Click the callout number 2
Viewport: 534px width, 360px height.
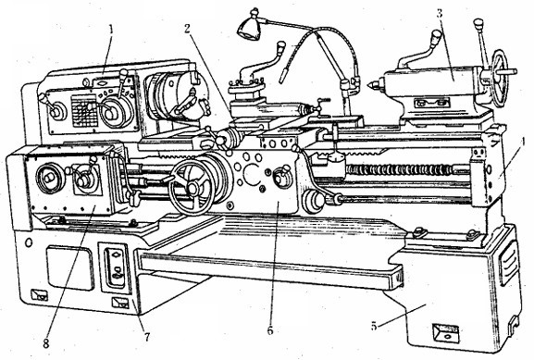tap(187, 29)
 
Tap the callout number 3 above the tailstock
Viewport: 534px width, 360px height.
tap(440, 14)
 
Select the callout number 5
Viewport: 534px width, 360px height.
tap(374, 326)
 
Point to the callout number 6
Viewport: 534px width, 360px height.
tap(270, 330)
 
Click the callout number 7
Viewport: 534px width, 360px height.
tap(147, 337)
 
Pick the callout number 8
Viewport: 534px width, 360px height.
tap(46, 342)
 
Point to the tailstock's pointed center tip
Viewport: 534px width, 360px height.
tap(369, 83)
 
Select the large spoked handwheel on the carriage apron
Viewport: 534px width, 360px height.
tap(193, 188)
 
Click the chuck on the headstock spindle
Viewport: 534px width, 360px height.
tap(176, 97)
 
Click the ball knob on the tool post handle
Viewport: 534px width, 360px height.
tap(281, 45)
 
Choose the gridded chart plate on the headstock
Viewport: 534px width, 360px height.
tap(84, 110)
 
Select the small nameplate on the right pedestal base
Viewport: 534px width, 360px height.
tap(446, 333)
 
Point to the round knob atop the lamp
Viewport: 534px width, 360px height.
tap(255, 13)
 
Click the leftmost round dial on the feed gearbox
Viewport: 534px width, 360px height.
tap(48, 178)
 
